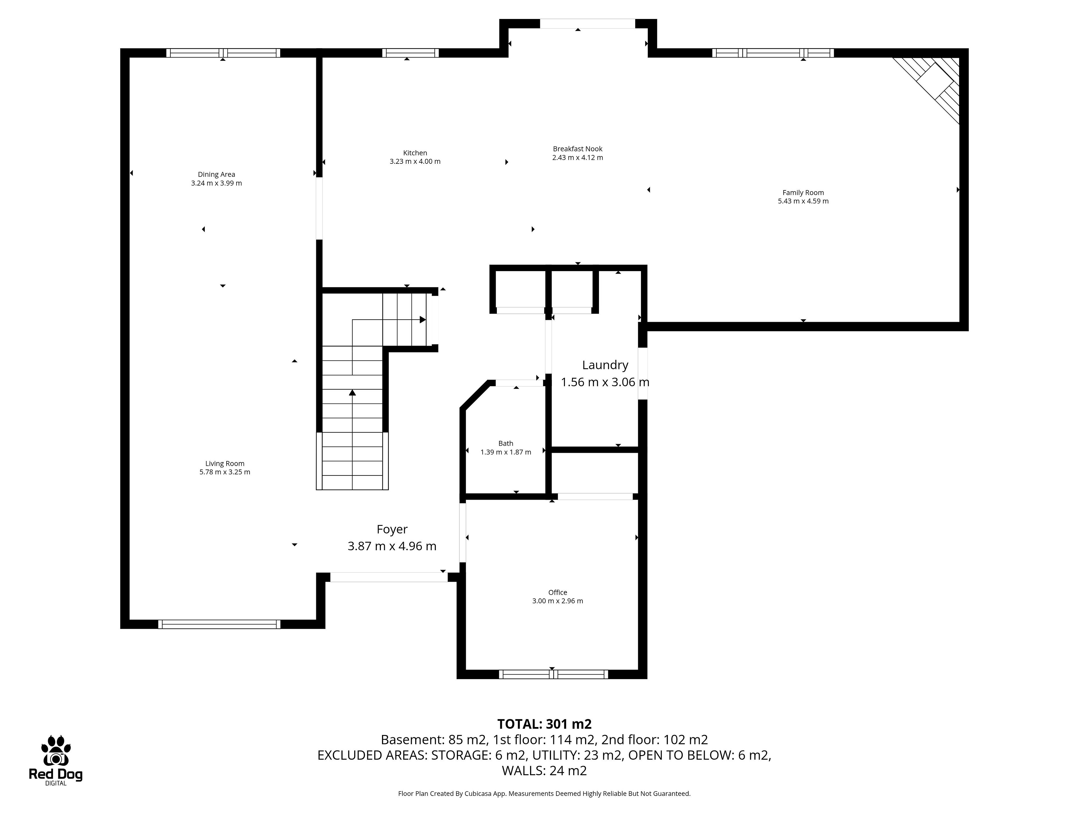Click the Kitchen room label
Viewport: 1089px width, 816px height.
415,153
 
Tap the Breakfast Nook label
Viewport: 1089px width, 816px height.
577,149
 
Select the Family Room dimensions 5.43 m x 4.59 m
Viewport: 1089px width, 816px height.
803,201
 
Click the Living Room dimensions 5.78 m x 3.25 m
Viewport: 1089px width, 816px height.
225,472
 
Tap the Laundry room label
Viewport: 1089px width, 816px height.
605,365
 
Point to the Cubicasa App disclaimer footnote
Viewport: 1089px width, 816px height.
544,793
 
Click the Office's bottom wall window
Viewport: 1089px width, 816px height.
553,674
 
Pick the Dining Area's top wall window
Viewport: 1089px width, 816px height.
223,53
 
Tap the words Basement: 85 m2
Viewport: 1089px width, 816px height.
433,740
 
